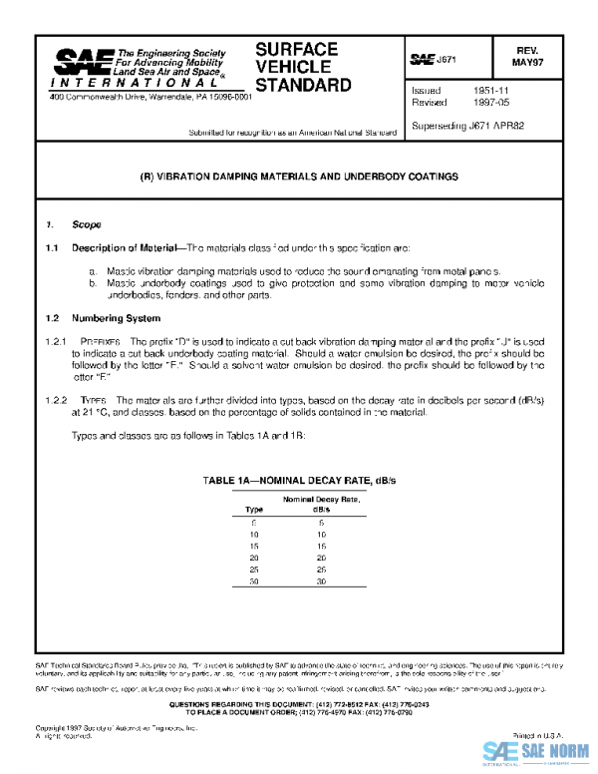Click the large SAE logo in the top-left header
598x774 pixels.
83,64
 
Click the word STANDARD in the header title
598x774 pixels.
303,86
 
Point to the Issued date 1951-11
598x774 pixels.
491,90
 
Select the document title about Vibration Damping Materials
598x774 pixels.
299,176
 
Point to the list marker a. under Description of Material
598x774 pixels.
93,271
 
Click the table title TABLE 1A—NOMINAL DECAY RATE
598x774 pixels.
299,481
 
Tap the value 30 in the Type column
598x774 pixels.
254,580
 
